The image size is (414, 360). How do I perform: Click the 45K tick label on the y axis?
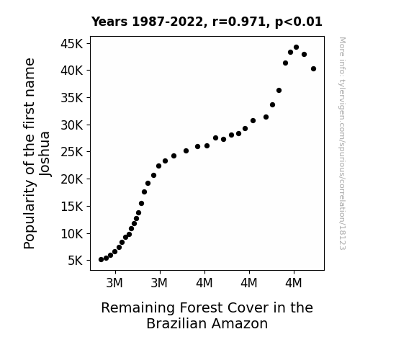point(72,44)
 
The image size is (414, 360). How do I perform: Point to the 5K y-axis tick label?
point(76,261)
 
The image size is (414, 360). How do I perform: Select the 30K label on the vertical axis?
point(72,125)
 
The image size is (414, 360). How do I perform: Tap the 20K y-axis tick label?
point(72,179)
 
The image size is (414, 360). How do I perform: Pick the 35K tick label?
point(72,98)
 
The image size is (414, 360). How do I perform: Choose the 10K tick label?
point(72,234)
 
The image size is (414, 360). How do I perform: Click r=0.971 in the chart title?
point(240,22)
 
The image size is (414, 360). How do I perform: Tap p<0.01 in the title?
point(299,22)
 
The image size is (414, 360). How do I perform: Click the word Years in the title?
point(109,22)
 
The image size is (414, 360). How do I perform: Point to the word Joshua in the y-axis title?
point(45,153)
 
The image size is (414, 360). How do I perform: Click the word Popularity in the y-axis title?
point(29,214)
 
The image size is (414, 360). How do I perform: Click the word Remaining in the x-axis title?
point(138,308)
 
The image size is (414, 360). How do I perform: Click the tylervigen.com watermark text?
point(342,143)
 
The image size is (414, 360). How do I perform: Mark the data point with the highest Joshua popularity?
point(296,48)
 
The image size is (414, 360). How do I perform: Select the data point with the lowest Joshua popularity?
point(101,260)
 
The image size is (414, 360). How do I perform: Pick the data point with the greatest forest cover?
point(314,69)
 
